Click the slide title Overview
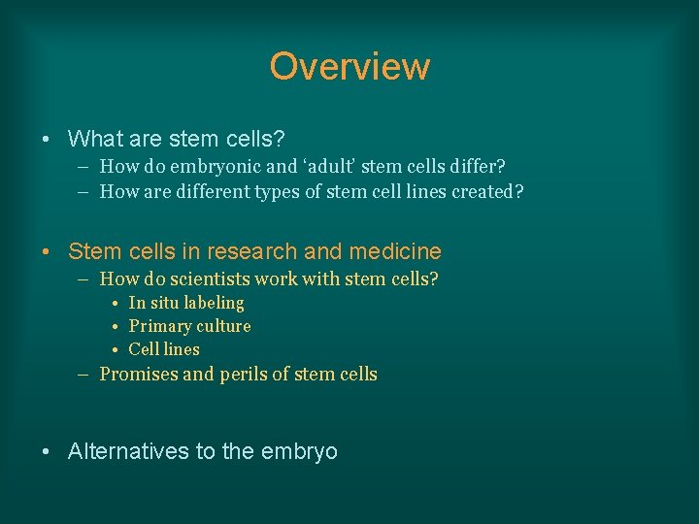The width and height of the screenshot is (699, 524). click(349, 67)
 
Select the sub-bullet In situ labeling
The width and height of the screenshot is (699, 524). click(186, 303)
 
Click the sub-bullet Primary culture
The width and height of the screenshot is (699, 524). click(189, 326)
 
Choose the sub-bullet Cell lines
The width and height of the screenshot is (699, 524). click(164, 349)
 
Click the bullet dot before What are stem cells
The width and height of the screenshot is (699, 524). click(48, 140)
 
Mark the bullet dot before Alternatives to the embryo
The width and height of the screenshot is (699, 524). click(48, 451)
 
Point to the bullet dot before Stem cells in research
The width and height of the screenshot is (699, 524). click(48, 252)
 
